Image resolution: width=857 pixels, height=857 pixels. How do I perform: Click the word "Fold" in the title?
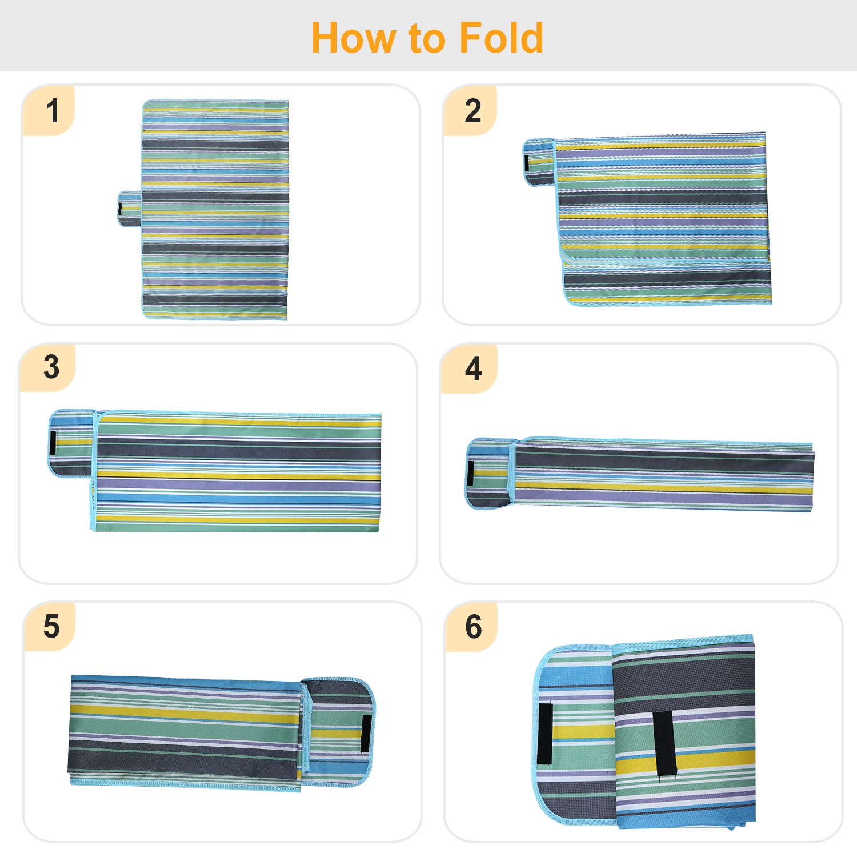[501, 38]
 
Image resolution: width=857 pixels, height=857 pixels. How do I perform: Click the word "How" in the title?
[354, 38]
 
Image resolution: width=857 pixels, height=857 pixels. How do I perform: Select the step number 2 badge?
[471, 111]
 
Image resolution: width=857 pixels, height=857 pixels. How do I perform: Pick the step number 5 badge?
[50, 626]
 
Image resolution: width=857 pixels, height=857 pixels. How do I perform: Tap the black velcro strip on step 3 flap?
[53, 443]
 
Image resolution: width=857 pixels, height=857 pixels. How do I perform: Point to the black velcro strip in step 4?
[471, 473]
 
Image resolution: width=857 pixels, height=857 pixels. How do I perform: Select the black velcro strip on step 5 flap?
[366, 733]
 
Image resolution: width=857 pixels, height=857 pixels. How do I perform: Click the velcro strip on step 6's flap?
[545, 734]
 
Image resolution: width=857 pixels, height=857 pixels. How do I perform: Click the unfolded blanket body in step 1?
[215, 209]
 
